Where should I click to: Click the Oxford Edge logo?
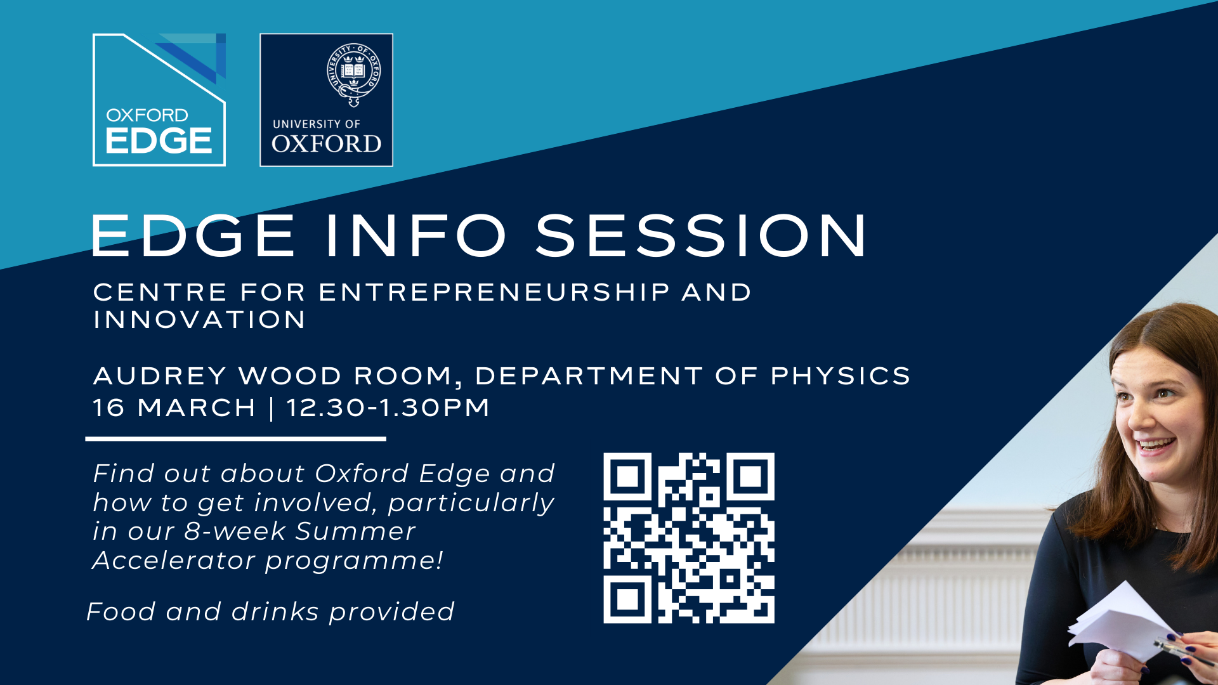point(159,100)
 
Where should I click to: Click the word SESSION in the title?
point(701,235)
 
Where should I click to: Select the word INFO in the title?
point(416,235)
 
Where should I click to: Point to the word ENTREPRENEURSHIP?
point(494,292)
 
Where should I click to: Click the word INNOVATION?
point(200,320)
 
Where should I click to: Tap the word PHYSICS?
point(841,376)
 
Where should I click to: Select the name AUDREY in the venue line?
point(160,376)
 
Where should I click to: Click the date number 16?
point(108,408)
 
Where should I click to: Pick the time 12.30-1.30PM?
point(388,408)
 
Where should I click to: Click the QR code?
point(689,538)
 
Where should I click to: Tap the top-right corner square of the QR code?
point(750,476)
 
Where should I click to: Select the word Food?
point(121,612)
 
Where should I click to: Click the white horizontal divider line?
point(236,438)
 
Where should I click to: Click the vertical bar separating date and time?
point(272,408)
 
